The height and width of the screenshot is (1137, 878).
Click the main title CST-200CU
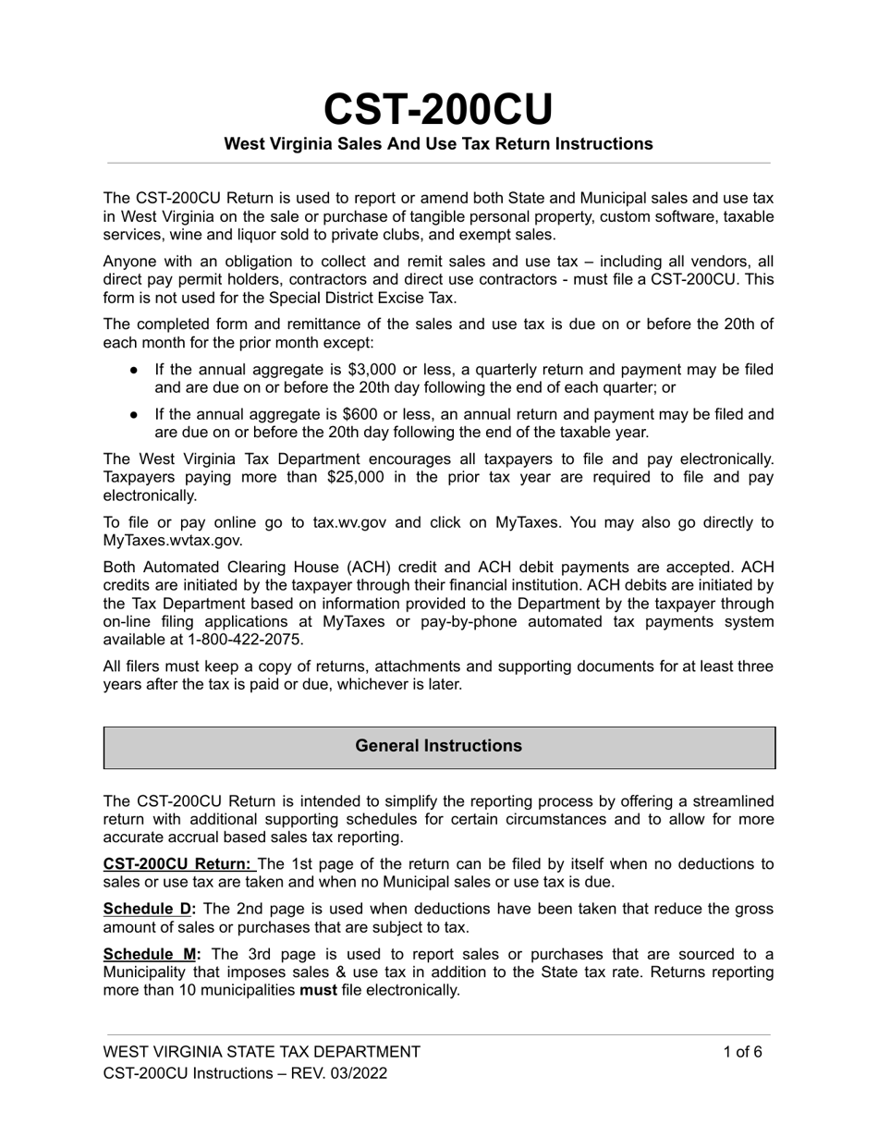[438, 110]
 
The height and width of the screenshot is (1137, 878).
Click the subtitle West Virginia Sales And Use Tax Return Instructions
[438, 144]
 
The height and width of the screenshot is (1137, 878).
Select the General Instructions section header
[438, 746]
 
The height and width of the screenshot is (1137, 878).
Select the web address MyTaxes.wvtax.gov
[172, 541]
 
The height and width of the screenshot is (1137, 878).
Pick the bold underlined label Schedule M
[149, 954]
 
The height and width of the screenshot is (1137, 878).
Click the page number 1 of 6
[742, 1051]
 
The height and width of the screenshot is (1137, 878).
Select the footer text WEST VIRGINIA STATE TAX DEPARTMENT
[262, 1051]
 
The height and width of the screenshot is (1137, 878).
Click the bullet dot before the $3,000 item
[135, 370]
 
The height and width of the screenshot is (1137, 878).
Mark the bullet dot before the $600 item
[135, 414]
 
